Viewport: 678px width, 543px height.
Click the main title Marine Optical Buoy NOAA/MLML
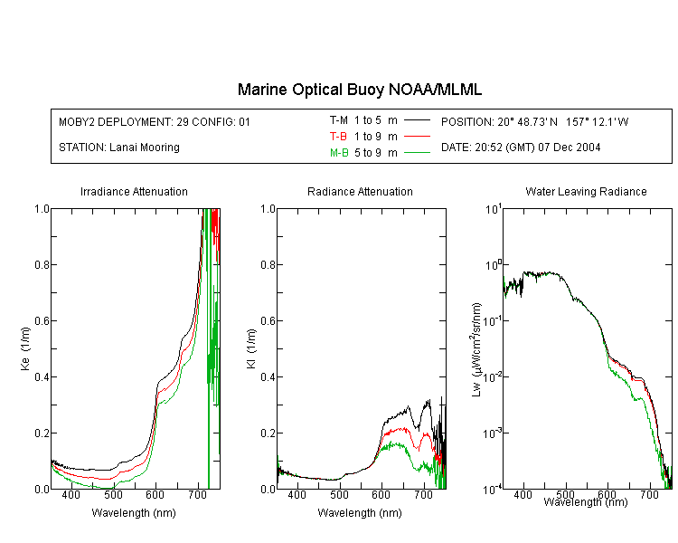pyautogui.click(x=360, y=90)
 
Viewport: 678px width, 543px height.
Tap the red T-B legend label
pyautogui.click(x=338, y=137)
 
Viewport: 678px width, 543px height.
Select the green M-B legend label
pyautogui.click(x=339, y=153)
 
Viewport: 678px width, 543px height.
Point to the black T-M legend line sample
pyautogui.click(x=417, y=120)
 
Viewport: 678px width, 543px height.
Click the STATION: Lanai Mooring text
pyautogui.click(x=119, y=148)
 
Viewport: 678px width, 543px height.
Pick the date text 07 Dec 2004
pyautogui.click(x=569, y=148)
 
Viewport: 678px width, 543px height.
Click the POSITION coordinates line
pyautogui.click(x=534, y=121)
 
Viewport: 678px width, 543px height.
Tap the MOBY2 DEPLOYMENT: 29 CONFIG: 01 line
pyautogui.click(x=155, y=121)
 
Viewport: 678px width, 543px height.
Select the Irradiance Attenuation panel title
pyautogui.click(x=134, y=192)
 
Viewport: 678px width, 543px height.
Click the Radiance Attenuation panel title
pyautogui.click(x=360, y=192)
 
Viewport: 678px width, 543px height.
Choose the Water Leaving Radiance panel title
pyautogui.click(x=586, y=192)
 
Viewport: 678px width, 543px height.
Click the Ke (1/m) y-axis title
pyautogui.click(x=25, y=348)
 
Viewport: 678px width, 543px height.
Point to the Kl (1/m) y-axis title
pyautogui.click(x=251, y=349)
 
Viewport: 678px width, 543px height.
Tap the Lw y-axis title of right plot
pyautogui.click(x=476, y=349)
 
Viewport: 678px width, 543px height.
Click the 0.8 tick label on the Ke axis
pyautogui.click(x=42, y=264)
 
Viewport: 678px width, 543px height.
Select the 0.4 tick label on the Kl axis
pyautogui.click(x=268, y=377)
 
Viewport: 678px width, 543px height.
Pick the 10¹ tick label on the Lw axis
pyautogui.click(x=494, y=209)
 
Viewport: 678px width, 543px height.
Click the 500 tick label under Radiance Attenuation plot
pyautogui.click(x=339, y=494)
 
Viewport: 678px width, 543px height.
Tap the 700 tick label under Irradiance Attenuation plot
pyautogui.click(x=198, y=494)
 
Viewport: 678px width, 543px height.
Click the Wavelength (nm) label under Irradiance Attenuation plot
pyautogui.click(x=134, y=513)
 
